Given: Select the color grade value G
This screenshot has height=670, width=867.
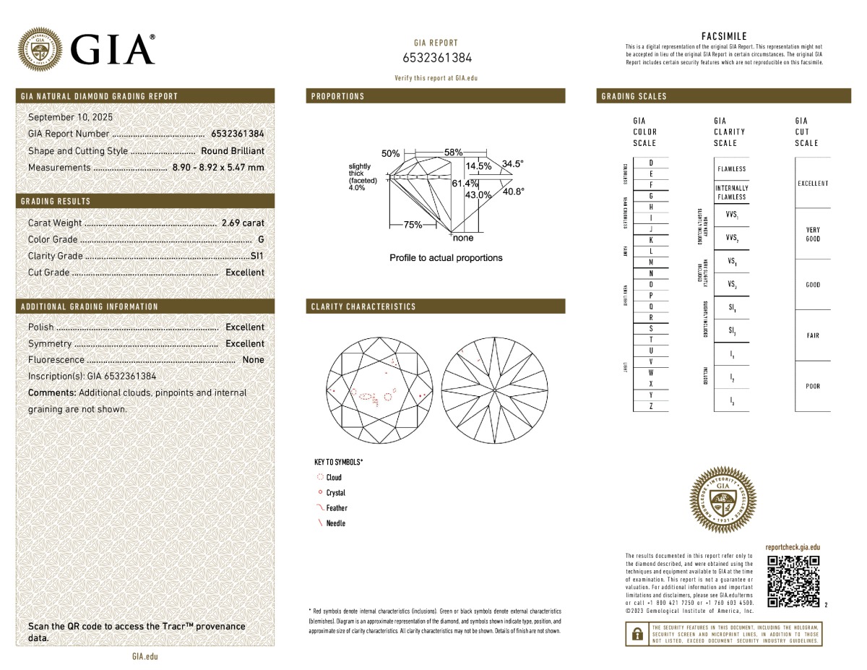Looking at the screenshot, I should tap(260, 239).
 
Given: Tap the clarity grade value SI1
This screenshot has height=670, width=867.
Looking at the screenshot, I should tap(256, 256).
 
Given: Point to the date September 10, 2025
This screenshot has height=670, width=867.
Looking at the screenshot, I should tap(70, 116).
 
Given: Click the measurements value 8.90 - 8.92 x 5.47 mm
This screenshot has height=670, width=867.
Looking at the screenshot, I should tap(217, 168).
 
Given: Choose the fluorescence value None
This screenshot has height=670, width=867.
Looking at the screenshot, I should tap(253, 360).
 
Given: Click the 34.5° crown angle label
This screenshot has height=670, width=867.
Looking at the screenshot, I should tap(512, 164).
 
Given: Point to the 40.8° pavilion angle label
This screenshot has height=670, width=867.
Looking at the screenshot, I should tap(513, 192).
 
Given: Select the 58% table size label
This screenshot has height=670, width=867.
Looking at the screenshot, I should tap(453, 153).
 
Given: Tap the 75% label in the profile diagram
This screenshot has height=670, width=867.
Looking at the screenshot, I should tap(413, 225).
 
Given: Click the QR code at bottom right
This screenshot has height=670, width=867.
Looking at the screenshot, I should tap(793, 581).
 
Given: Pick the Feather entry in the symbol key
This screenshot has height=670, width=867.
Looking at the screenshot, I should tap(336, 508).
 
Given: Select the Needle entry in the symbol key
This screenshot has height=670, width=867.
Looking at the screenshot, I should tap(335, 523).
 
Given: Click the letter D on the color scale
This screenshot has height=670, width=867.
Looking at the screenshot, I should tap(652, 163).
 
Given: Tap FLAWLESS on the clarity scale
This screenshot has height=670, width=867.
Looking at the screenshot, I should tap(732, 169).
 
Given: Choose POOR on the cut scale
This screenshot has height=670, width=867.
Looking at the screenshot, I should tap(813, 387).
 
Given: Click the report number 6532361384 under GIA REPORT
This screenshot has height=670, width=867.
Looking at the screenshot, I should tap(436, 58).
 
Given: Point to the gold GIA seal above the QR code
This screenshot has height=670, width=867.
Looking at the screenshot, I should tap(724, 499).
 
